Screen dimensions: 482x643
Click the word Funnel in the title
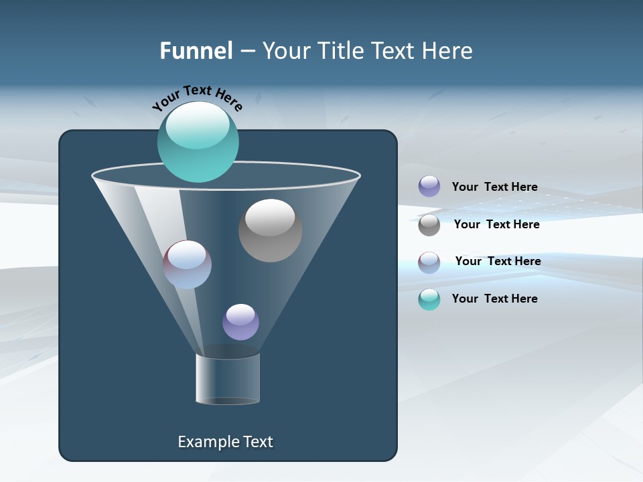pos(196,51)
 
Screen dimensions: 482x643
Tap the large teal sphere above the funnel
pos(198,141)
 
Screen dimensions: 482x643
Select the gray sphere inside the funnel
pos(270,231)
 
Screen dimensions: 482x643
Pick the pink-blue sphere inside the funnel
pos(188,264)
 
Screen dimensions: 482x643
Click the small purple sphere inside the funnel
pos(240,322)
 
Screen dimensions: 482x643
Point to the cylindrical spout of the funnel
pos(228,379)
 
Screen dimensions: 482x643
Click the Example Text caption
pos(225,442)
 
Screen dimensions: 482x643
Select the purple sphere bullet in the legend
pos(429,187)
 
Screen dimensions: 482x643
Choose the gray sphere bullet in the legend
pos(429,225)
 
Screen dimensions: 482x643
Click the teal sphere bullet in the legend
pos(429,299)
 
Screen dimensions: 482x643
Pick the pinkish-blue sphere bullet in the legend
pos(429,262)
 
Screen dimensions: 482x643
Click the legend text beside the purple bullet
pos(494,187)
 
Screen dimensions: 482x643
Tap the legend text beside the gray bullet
pos(496,225)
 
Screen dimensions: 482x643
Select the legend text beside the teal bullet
pos(494,299)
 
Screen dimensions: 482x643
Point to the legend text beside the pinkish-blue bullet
pos(498,262)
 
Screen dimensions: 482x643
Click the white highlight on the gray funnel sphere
pos(270,218)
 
